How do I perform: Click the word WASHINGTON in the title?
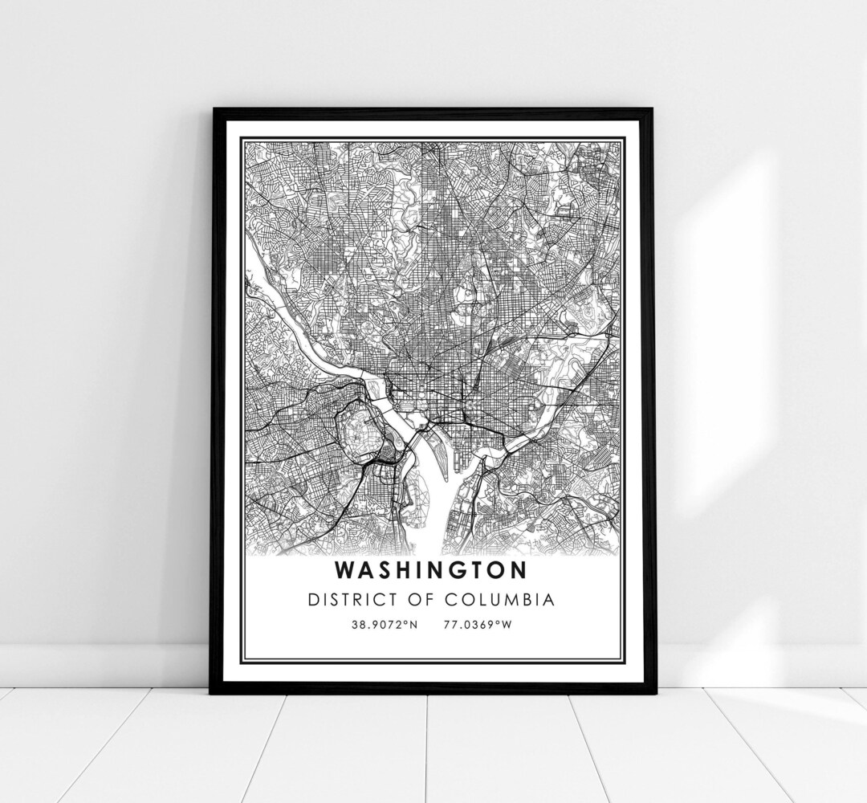pyautogui.click(x=432, y=569)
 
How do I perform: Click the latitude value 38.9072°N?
pyautogui.click(x=384, y=624)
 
